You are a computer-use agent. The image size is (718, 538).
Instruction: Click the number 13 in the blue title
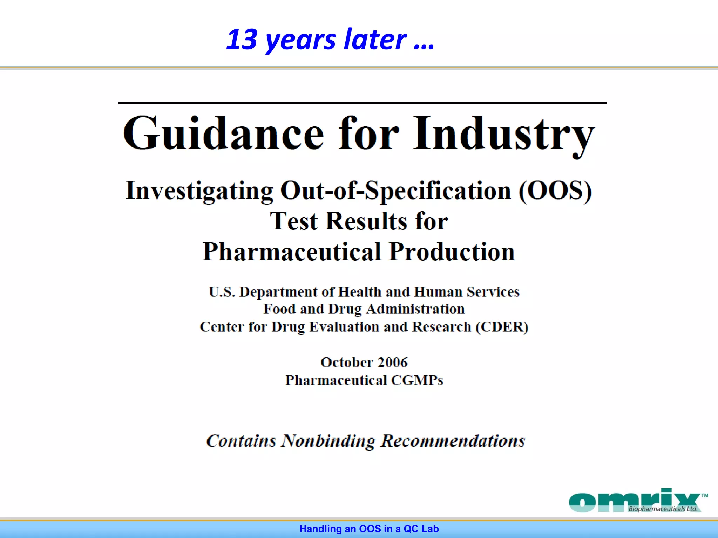pos(242,40)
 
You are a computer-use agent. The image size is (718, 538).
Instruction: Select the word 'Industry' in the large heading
pos(504,134)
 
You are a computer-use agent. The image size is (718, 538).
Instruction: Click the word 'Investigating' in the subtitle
pos(199,191)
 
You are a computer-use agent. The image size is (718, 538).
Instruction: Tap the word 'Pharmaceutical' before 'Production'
pos(292,252)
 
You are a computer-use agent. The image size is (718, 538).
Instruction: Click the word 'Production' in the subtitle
pos(452,252)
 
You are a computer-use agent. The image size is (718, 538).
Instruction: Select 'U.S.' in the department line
pos(222,292)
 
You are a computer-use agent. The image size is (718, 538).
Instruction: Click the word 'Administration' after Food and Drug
pos(415,309)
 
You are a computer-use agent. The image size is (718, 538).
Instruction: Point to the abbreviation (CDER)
pos(502,327)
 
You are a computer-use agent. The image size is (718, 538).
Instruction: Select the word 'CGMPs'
pos(417,380)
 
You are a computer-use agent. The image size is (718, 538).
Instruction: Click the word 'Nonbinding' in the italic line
pos(328,441)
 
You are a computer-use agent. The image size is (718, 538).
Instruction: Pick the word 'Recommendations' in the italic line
pos(453,441)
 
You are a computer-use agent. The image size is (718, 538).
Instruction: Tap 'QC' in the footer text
pos(411,529)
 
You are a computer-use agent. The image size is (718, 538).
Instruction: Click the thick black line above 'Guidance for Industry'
pos(362,103)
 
